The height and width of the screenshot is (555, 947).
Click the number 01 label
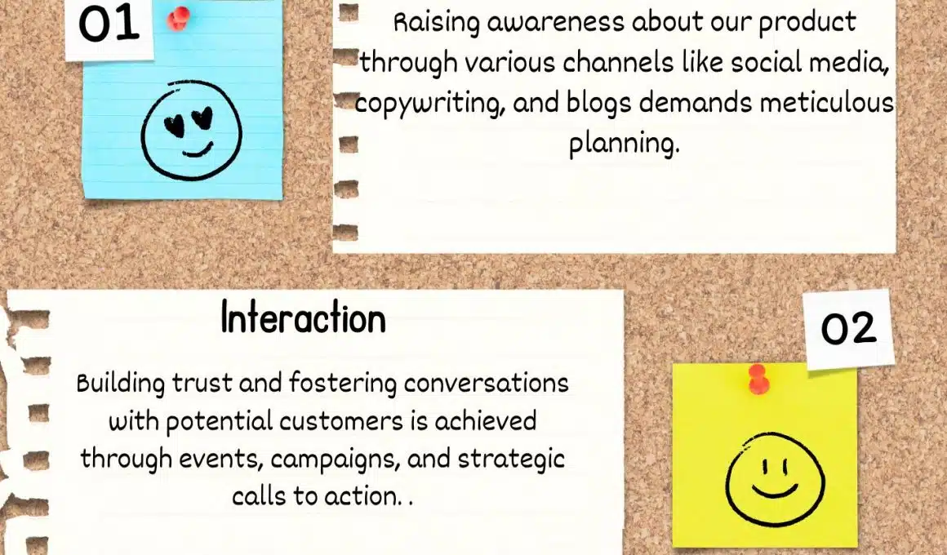point(109,24)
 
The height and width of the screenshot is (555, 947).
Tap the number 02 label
point(848,329)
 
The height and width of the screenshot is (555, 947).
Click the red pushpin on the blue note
point(178,18)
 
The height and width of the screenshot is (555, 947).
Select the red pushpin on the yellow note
point(758,379)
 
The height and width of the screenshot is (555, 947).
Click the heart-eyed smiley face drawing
point(192,131)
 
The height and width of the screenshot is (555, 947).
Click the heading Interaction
point(303,317)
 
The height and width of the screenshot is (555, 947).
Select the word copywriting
point(429,104)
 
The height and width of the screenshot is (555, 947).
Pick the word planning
point(624,144)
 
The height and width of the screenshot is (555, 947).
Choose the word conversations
point(487,384)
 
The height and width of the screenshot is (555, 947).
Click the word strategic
point(511,460)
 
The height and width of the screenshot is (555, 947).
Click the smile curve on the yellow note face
point(775,489)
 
